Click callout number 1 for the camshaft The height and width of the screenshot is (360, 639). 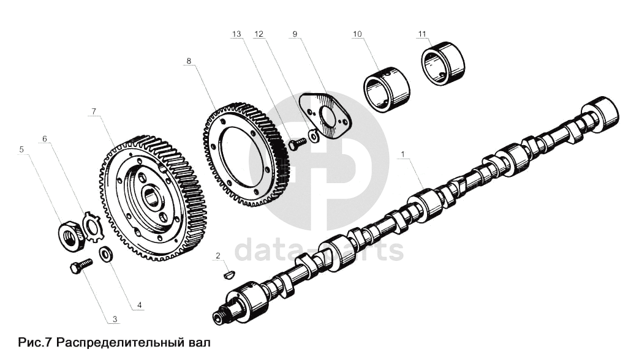coord(403,154)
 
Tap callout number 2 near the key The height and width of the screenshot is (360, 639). coord(217,255)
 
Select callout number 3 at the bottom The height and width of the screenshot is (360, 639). coord(115,319)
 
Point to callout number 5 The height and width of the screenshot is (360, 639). coord(22,148)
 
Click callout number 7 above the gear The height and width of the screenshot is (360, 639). coord(94,111)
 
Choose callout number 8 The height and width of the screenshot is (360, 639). coord(189,61)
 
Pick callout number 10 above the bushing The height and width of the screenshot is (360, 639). coord(357,34)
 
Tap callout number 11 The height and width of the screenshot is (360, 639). coord(422,34)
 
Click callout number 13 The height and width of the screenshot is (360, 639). coord(236,34)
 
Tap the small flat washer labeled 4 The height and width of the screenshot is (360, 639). coord(106,253)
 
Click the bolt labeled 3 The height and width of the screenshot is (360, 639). coord(80,266)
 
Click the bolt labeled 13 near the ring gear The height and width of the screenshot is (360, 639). coord(297,143)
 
